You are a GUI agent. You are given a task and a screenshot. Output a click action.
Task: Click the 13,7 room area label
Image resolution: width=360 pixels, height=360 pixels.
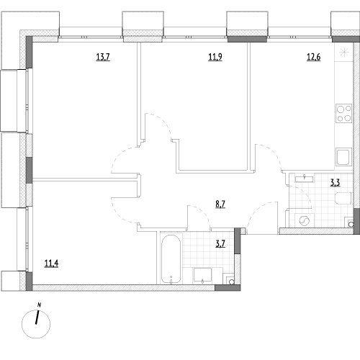point(103,57)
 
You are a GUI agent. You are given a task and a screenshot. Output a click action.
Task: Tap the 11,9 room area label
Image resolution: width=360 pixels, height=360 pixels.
point(215,57)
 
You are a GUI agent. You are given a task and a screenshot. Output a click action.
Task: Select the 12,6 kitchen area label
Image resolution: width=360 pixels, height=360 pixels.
point(313,57)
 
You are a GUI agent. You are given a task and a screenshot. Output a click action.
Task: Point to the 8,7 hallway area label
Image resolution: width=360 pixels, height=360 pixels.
point(220,204)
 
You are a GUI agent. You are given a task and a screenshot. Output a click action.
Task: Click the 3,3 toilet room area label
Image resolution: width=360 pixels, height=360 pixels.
point(336,183)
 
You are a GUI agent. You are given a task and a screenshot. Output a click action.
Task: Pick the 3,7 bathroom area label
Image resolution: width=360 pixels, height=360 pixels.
point(220,244)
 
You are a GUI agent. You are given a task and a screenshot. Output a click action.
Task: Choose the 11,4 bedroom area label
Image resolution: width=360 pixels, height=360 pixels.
point(51,264)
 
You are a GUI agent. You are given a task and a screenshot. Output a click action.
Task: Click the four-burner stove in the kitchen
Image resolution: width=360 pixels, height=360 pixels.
point(344,113)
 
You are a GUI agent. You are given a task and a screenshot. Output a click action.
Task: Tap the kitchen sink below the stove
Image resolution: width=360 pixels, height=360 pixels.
point(343,157)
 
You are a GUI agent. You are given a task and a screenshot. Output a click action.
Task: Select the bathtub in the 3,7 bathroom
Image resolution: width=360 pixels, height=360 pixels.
point(171,259)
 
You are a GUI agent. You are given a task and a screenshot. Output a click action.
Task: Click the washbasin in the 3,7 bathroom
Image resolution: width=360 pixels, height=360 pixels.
point(202,275)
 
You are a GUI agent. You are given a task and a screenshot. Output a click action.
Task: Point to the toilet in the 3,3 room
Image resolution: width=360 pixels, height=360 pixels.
point(343,198)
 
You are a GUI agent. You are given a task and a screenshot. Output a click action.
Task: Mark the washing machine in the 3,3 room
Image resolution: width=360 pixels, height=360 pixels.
point(304,220)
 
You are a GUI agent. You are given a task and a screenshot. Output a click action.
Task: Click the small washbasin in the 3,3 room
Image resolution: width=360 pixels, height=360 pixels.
point(305,179)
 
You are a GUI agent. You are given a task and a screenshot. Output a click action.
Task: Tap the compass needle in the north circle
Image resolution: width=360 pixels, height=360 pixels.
point(37,318)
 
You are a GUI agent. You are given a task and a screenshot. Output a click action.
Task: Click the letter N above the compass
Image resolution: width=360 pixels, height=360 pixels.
point(39,305)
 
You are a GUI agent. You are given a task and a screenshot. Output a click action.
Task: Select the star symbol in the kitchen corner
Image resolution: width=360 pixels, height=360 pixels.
point(344,52)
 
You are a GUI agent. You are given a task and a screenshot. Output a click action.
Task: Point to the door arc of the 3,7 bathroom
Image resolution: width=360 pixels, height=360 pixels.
point(203,212)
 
